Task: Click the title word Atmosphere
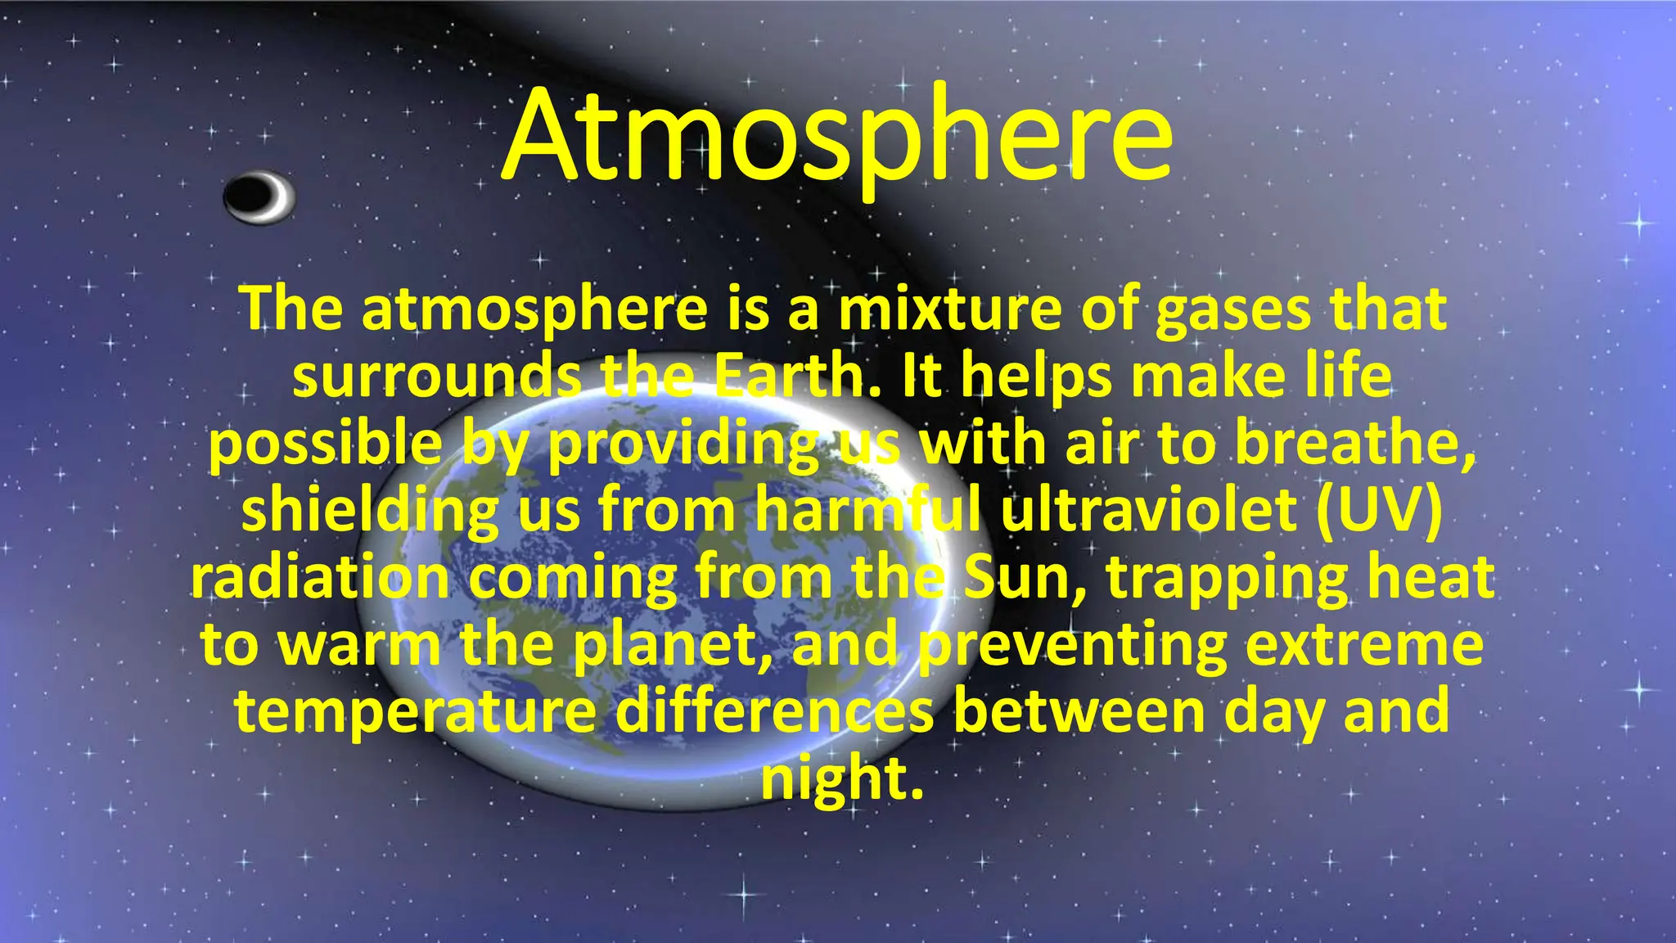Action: tap(837, 135)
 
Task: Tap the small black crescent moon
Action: tap(259, 197)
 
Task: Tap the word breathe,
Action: tap(1354, 444)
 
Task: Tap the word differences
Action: tap(774, 711)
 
